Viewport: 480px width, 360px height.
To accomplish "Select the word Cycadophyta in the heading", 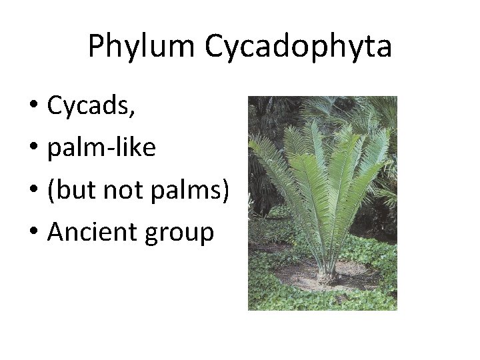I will [x=299, y=46].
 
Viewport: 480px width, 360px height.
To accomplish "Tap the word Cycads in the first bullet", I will [x=89, y=106].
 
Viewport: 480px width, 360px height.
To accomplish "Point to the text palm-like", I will [x=101, y=148].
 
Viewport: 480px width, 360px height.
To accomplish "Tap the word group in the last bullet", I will [x=181, y=233].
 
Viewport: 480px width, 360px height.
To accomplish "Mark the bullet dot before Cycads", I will [x=33, y=107].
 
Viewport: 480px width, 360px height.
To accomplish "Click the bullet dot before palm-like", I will [x=33, y=149].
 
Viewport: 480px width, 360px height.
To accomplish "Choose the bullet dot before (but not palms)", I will [x=33, y=191].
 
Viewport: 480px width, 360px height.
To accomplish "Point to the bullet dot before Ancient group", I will [x=33, y=233].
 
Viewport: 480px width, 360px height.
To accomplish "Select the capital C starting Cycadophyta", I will [x=215, y=46].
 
